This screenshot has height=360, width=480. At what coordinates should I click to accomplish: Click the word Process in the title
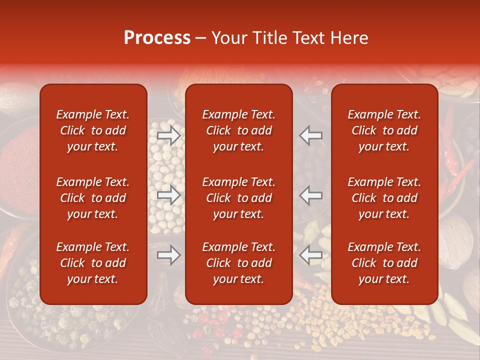pyautogui.click(x=157, y=38)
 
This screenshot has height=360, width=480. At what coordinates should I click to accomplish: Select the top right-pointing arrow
pyautogui.click(x=168, y=135)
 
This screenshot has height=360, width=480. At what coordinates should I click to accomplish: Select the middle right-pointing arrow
pyautogui.click(x=168, y=195)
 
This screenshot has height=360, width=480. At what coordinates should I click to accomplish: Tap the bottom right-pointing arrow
pyautogui.click(x=168, y=255)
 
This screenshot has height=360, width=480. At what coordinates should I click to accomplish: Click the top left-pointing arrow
pyautogui.click(x=311, y=135)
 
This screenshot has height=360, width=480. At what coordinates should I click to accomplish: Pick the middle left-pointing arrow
pyautogui.click(x=311, y=195)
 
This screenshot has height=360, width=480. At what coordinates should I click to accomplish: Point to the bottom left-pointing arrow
pyautogui.click(x=311, y=255)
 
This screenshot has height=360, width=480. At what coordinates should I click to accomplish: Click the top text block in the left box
pyautogui.click(x=93, y=130)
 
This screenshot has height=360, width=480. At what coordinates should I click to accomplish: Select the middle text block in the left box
pyautogui.click(x=93, y=198)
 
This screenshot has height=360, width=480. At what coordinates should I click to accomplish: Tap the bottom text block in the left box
pyautogui.click(x=93, y=263)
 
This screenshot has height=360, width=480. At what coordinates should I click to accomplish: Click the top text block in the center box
pyautogui.click(x=238, y=130)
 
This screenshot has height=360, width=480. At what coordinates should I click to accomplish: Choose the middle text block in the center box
pyautogui.click(x=238, y=198)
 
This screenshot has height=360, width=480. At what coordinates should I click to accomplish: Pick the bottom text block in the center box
pyautogui.click(x=238, y=263)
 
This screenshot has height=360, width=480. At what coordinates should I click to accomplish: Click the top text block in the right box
pyautogui.click(x=384, y=130)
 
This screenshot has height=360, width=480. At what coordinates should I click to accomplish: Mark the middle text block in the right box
pyautogui.click(x=384, y=198)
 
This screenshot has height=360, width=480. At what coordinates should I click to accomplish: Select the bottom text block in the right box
pyautogui.click(x=384, y=263)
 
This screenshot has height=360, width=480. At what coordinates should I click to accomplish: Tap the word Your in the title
pyautogui.click(x=228, y=38)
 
